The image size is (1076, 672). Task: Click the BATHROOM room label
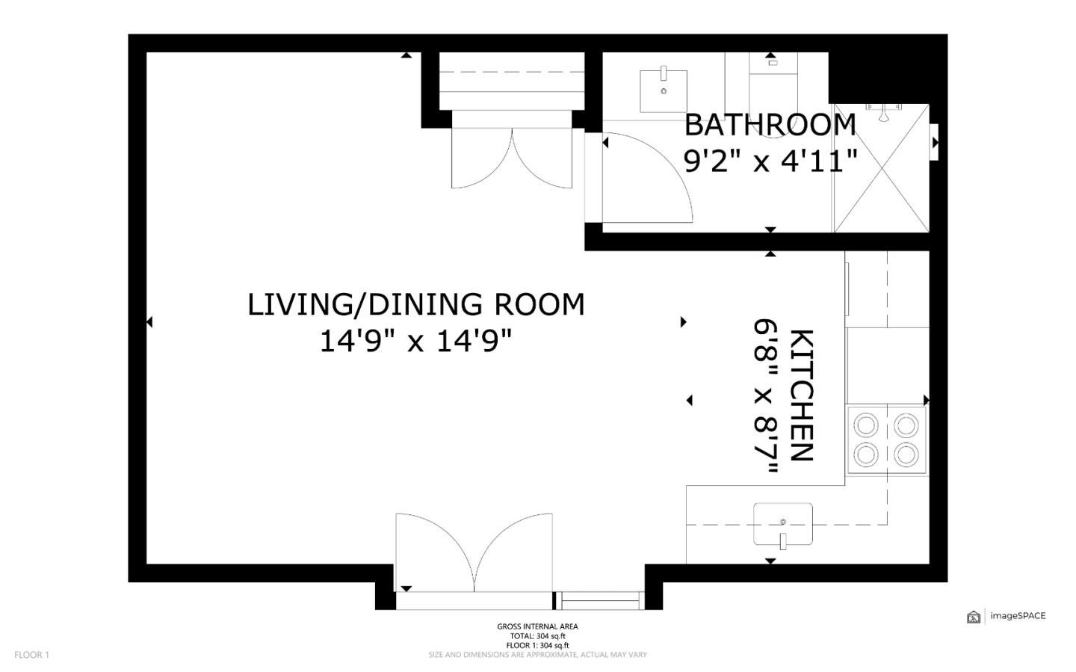[x=770, y=125]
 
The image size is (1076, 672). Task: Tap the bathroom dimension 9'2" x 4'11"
[x=770, y=161]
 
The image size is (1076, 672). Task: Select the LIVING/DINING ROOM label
[x=416, y=305]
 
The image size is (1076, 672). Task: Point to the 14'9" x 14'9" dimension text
[x=416, y=342]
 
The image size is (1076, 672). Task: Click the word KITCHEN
[x=801, y=395]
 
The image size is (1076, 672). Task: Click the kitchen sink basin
[x=783, y=524]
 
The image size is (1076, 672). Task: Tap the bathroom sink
[x=664, y=91]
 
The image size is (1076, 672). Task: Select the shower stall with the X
[x=882, y=168]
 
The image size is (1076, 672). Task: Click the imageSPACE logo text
[x=1018, y=616]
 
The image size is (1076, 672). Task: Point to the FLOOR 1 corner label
[x=31, y=655]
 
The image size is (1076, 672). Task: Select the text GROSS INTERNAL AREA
[x=537, y=626]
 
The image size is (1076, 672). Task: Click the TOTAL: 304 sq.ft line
[x=537, y=636]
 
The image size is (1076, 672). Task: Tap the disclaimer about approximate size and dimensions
[x=537, y=655]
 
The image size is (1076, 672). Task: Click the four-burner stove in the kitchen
[x=886, y=440]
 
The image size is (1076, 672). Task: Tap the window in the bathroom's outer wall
[x=934, y=142]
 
